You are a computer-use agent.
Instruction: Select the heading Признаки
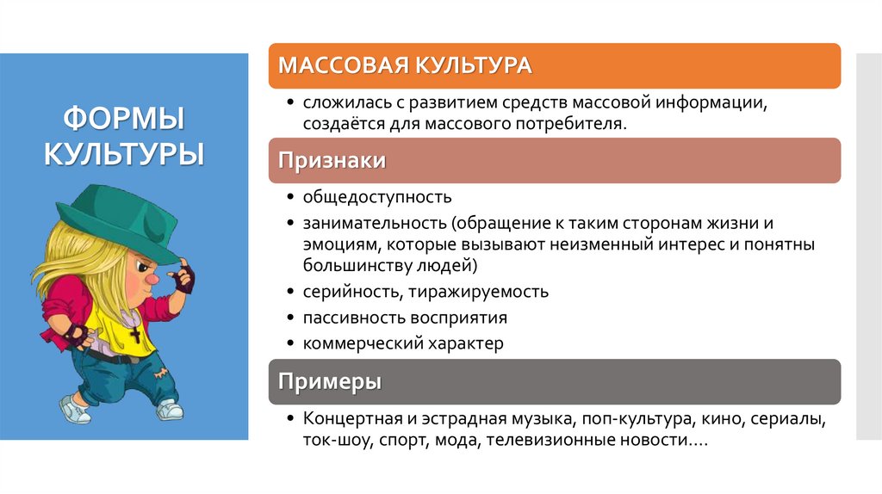point(332,161)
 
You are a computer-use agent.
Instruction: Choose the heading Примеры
point(331,381)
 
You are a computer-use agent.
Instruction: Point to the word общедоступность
point(376,198)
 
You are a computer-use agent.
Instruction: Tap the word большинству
point(355,264)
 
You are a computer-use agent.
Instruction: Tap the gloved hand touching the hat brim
point(183,278)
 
